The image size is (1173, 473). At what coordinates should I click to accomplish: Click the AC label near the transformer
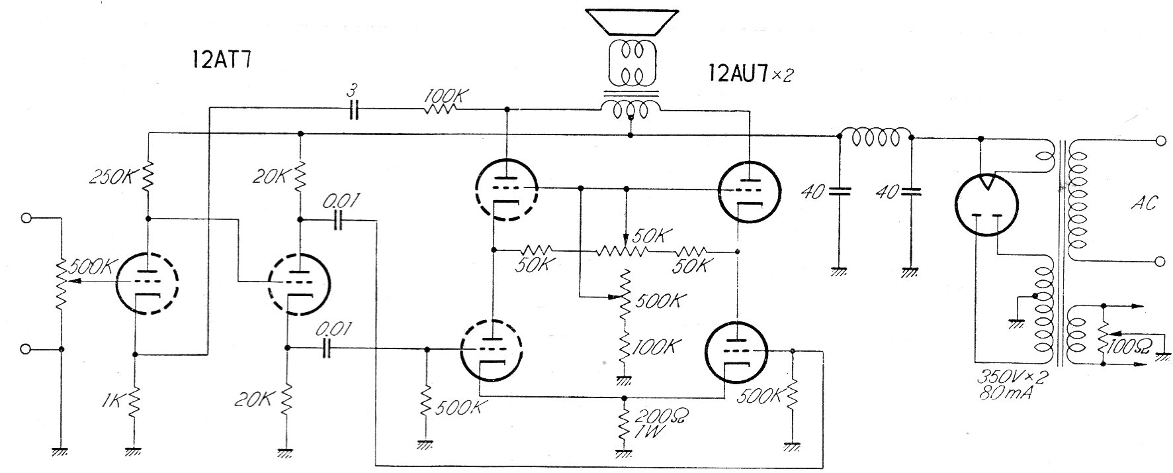click(1143, 204)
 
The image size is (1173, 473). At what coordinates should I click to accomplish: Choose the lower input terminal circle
click(26, 349)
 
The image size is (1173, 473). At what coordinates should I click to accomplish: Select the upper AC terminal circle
click(1160, 140)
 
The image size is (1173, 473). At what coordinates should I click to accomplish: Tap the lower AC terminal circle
click(1160, 262)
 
